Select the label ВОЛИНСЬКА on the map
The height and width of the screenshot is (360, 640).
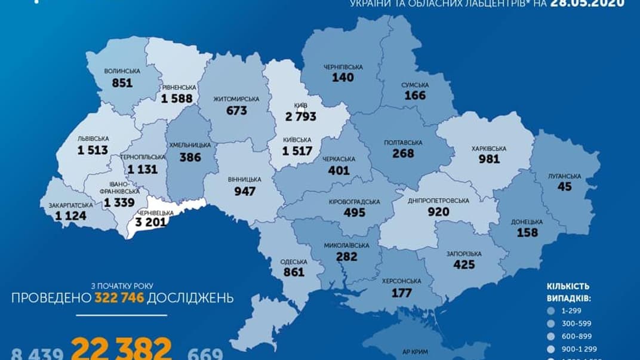click(122, 71)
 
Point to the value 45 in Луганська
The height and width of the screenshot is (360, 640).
click(564, 187)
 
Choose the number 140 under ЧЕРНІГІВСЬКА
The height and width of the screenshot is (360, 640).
click(343, 77)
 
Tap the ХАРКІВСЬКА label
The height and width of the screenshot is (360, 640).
click(488, 147)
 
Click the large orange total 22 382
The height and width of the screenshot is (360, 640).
click(122, 347)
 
